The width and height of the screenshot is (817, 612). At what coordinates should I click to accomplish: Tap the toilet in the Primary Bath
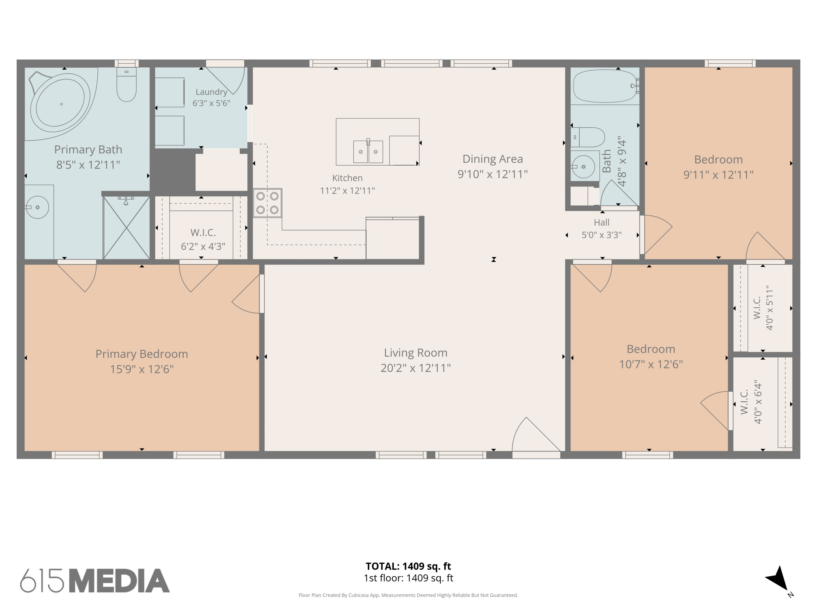[x=126, y=85]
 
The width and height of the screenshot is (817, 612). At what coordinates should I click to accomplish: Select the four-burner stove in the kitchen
[x=267, y=203]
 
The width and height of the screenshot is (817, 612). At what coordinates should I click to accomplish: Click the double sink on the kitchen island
[x=368, y=151]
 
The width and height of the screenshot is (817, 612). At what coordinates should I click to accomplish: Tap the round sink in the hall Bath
[x=584, y=167]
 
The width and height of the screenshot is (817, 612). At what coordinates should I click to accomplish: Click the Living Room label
[x=416, y=353]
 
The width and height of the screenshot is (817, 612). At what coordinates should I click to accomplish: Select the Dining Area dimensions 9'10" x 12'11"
[x=493, y=174]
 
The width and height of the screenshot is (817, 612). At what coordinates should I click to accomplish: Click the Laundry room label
[x=211, y=92]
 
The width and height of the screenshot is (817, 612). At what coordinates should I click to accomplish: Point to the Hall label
[x=602, y=222]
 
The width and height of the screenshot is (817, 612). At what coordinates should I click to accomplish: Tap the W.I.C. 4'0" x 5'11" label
[x=763, y=308]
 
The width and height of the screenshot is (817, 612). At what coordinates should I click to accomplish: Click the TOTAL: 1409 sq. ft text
[x=408, y=566]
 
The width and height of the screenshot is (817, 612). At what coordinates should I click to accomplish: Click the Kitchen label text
[x=347, y=178]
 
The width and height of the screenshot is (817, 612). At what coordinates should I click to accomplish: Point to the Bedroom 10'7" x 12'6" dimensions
[x=651, y=364]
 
